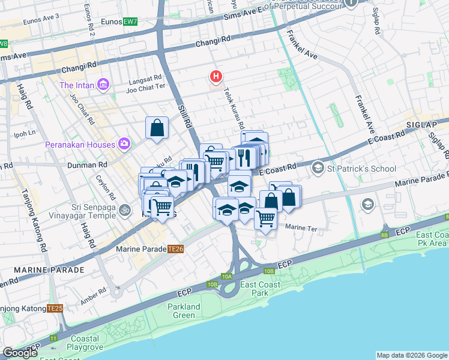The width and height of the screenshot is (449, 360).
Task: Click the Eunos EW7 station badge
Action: (130, 22)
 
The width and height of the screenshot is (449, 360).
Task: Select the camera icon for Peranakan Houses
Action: (124, 145)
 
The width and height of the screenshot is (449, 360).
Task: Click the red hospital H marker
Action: (215, 77)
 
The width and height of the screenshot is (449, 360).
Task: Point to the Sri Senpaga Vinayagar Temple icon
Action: (125, 210)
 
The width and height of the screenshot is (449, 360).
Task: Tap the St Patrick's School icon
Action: (318, 169)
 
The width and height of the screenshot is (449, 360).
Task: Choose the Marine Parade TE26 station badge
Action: (175, 248)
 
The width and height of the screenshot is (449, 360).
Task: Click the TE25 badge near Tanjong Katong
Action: (55, 308)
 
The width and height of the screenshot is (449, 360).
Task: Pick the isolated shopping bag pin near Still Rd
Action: (157, 128)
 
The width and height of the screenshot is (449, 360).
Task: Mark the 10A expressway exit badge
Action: (226, 277)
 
